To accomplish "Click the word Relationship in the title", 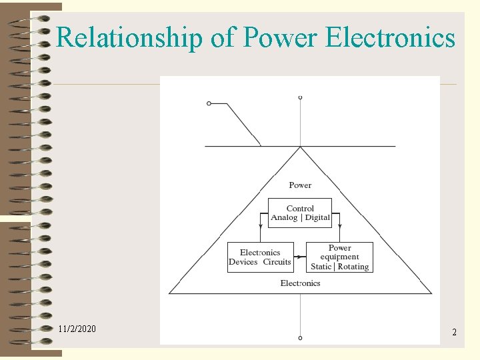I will [130, 38].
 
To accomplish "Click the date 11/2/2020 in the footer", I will [77, 329].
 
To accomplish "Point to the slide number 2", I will [454, 331].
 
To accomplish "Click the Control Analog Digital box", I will [300, 213].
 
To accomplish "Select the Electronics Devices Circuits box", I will [260, 257].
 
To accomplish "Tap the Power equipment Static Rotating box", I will [339, 257].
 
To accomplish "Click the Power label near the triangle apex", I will [300, 185].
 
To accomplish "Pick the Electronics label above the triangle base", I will [300, 283].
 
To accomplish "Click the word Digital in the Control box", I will [317, 218].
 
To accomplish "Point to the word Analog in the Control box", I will [284, 218].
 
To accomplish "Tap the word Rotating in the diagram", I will [353, 267].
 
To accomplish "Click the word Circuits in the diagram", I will [277, 262].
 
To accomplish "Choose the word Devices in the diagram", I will [243, 262].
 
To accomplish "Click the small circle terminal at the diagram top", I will [300, 98].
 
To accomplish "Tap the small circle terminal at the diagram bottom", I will [300, 338].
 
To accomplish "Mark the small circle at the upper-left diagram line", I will [209, 103].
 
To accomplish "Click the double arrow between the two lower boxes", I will [300, 257].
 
